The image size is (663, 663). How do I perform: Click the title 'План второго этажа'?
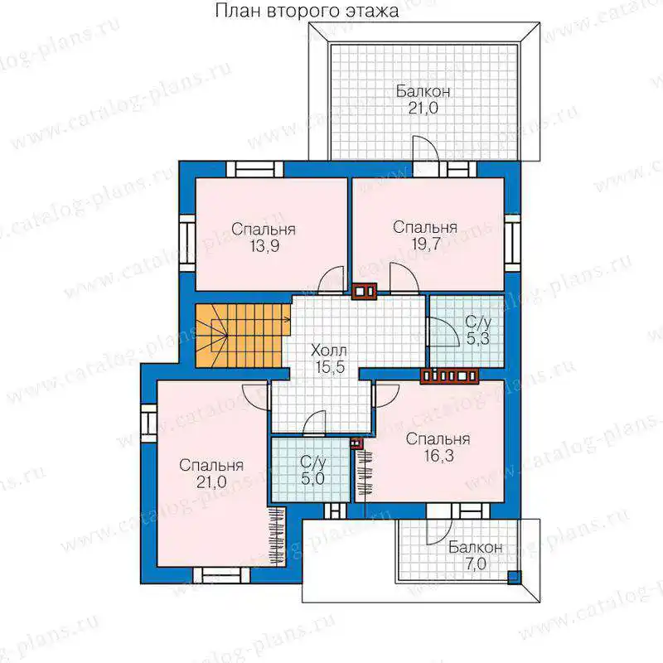(307, 12)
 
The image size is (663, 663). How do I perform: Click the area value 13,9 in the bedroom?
(264, 246)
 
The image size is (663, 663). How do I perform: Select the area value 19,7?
(426, 244)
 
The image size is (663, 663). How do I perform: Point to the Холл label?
(329, 351)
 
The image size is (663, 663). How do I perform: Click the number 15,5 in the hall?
(330, 367)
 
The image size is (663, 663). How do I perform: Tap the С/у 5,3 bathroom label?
(478, 330)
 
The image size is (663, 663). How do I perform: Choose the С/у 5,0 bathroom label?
(313, 470)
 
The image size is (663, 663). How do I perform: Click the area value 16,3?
(438, 456)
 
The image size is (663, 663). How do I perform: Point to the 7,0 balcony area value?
(476, 564)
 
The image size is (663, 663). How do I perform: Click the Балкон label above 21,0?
(423, 91)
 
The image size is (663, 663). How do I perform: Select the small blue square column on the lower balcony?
(514, 577)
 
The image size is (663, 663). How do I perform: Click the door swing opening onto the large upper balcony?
(426, 148)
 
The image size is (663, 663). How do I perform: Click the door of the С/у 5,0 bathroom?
(315, 423)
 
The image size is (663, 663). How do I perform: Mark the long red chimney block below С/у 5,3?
(449, 375)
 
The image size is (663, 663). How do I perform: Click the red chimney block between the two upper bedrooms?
(364, 292)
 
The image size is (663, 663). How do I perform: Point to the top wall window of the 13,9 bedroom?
(255, 170)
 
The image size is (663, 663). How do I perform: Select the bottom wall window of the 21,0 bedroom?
(221, 575)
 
